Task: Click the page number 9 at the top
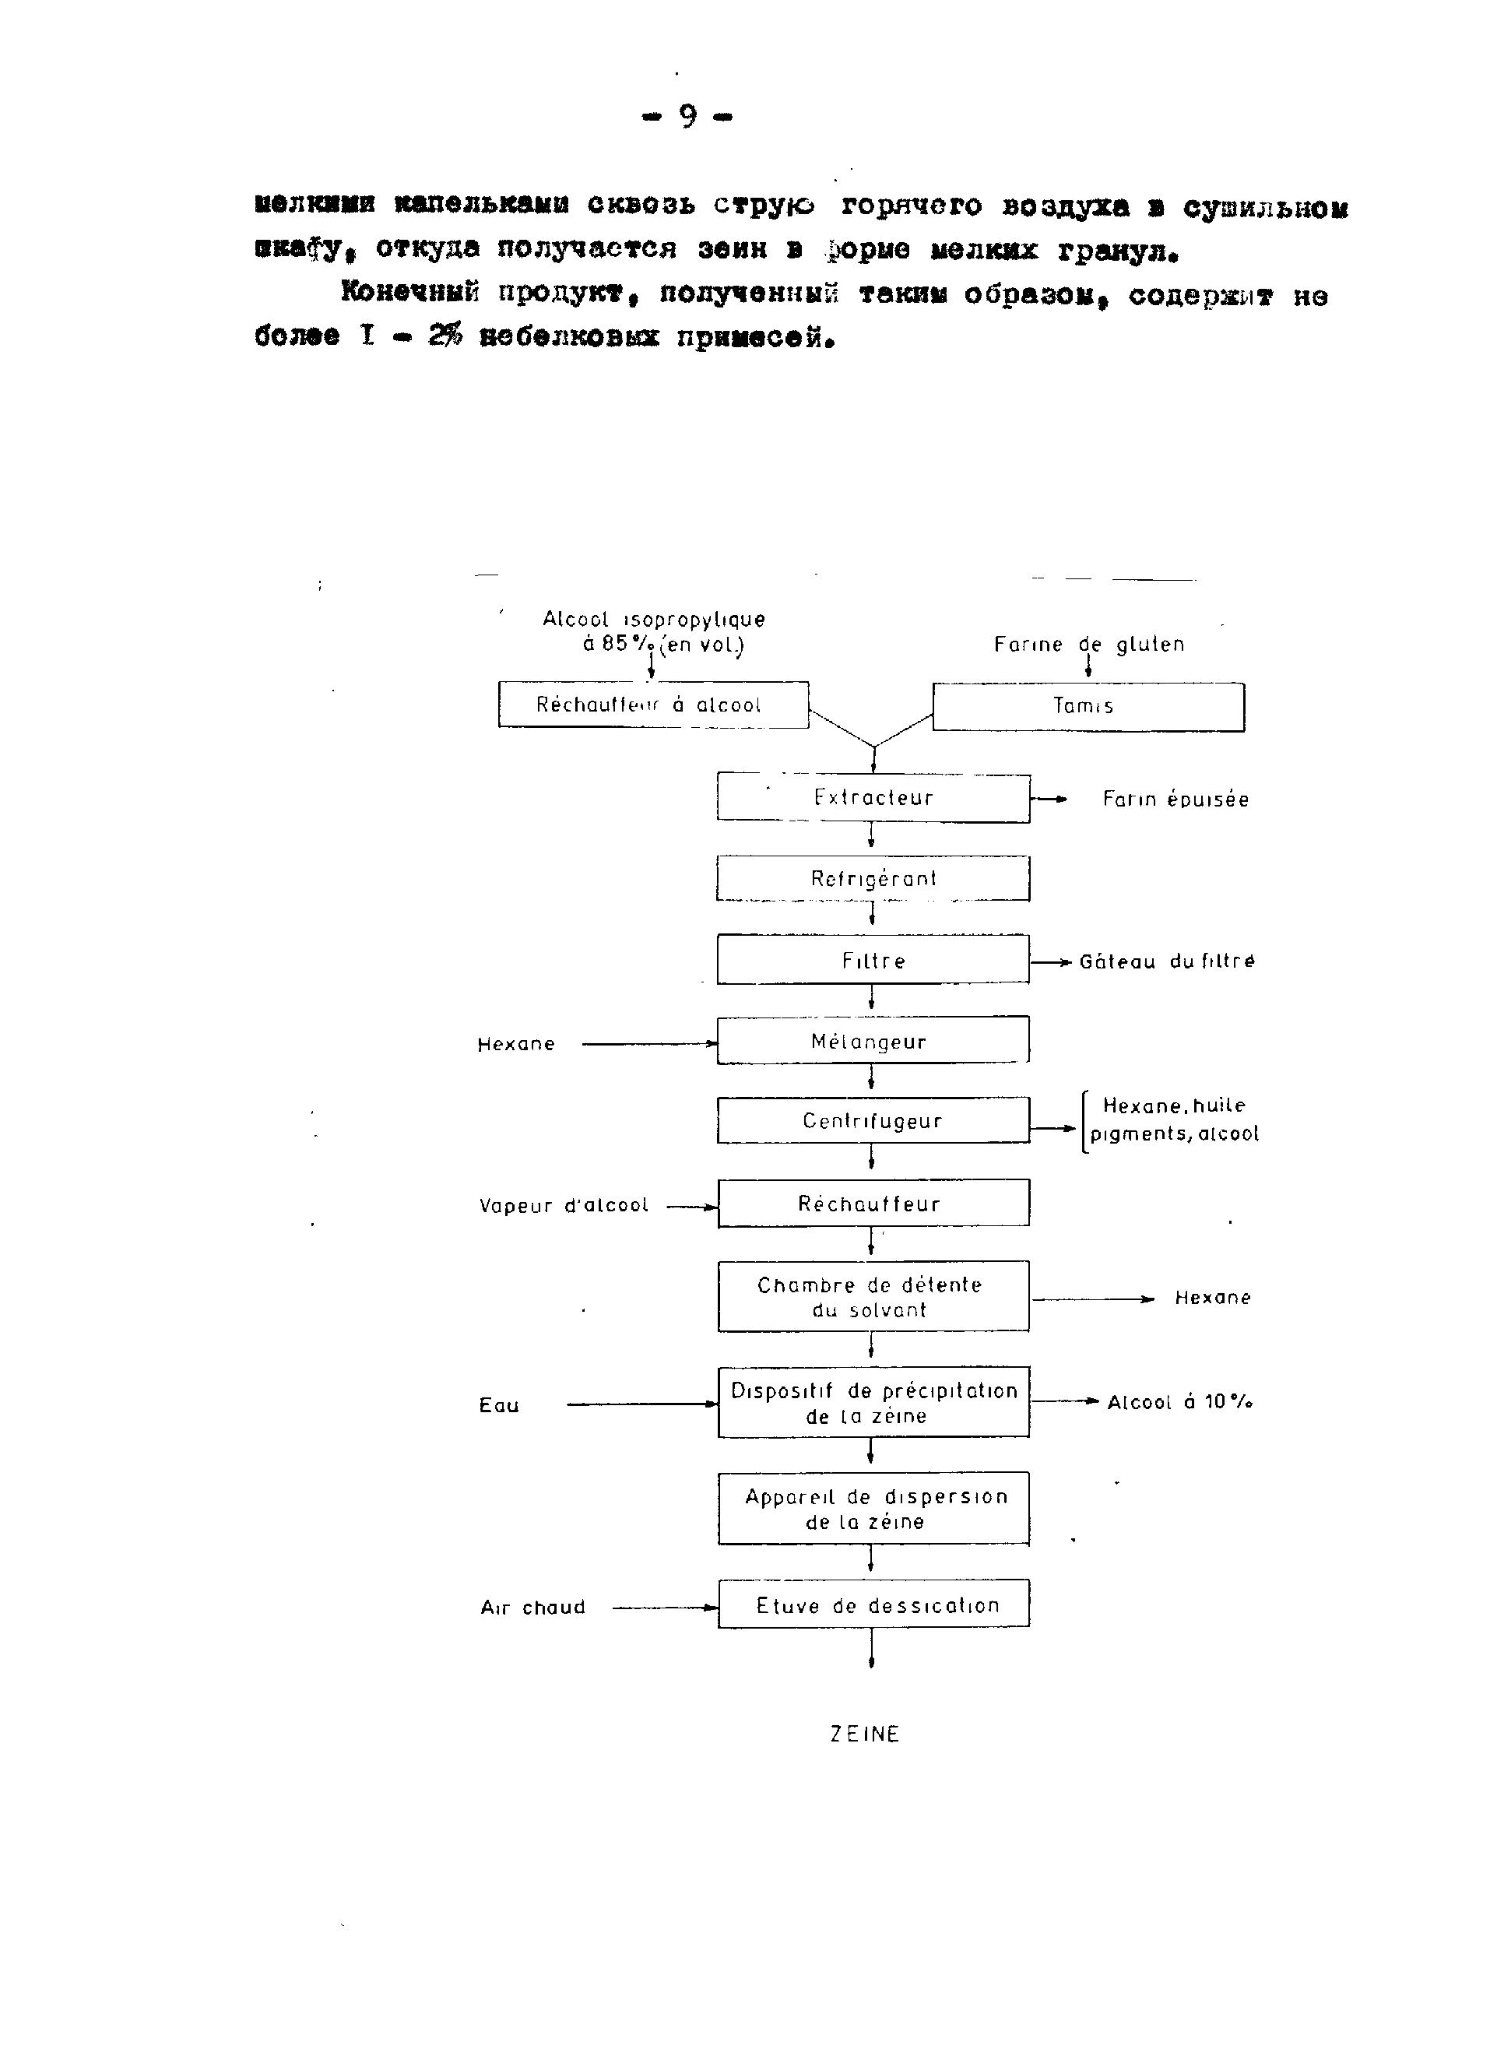[687, 117]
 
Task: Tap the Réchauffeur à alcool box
[652, 705]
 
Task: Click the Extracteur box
[873, 798]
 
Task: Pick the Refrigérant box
[873, 878]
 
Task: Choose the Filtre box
[873, 959]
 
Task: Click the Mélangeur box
[873, 1041]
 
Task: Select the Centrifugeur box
[873, 1120]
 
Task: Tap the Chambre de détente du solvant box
[873, 1296]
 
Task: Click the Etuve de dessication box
[873, 1604]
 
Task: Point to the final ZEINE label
[865, 1734]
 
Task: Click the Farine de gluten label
[1089, 644]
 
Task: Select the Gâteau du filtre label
[1166, 961]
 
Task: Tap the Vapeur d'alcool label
[564, 1205]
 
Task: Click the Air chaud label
[533, 1608]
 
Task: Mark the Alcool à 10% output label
[1180, 1401]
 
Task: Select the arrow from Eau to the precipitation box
[641, 1404]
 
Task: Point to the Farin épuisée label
[1175, 799]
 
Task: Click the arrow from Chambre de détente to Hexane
[1093, 1299]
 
